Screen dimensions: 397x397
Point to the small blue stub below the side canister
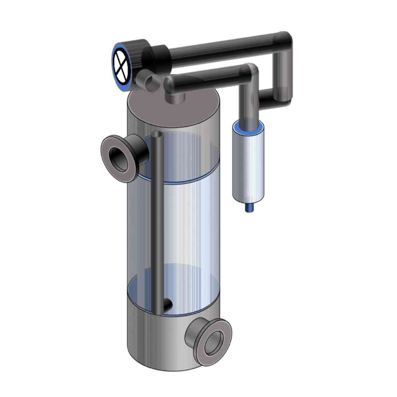[250, 207]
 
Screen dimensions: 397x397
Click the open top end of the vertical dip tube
[158, 135]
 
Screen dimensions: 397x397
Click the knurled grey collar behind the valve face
[138, 52]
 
